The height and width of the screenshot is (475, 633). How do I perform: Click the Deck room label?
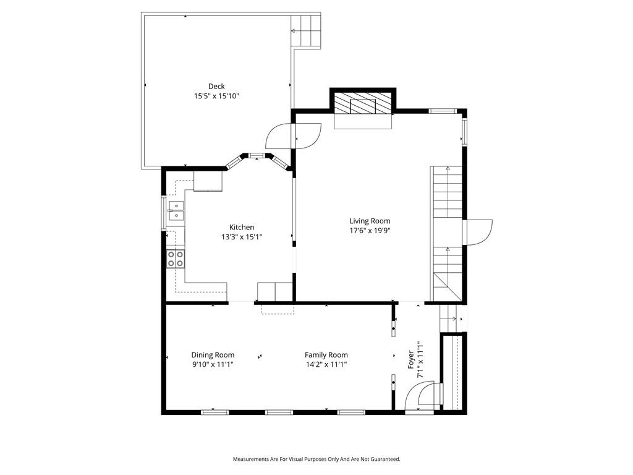(216, 86)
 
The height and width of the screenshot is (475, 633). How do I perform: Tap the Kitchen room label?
(242, 228)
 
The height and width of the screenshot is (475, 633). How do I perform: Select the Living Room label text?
(370, 221)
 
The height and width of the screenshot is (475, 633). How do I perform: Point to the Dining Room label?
(213, 355)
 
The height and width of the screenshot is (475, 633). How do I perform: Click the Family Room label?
(326, 355)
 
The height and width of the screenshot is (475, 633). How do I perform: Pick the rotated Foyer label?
(411, 359)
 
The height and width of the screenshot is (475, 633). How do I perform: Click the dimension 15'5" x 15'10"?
(217, 96)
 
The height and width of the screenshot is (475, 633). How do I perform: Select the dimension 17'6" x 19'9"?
(370, 231)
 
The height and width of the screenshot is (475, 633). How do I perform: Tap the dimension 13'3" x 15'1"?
(242, 237)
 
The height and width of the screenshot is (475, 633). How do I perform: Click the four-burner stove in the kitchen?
(176, 259)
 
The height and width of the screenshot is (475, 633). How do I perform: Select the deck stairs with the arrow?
(305, 31)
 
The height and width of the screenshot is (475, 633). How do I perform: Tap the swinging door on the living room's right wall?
(478, 233)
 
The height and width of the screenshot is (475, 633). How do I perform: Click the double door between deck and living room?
(294, 137)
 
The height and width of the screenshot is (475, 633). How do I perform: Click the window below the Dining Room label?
(215, 413)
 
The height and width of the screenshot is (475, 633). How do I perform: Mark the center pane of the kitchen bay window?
(257, 155)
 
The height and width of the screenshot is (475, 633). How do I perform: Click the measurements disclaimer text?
(316, 460)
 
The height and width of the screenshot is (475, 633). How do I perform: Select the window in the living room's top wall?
(443, 111)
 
